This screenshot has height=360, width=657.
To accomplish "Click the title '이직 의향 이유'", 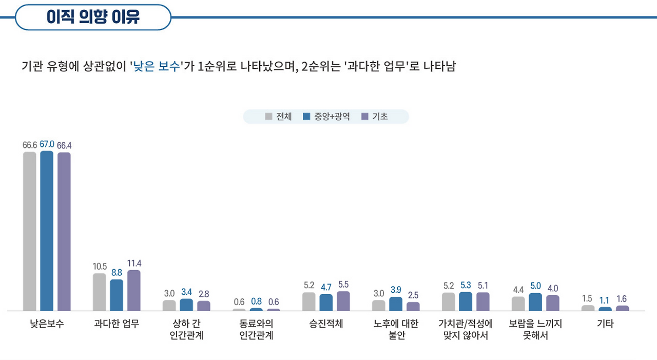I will [x=93, y=17].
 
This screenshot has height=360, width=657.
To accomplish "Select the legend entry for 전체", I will [x=279, y=117].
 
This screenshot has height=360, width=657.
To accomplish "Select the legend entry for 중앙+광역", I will [x=326, y=117].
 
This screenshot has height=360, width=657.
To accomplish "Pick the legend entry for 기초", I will [x=375, y=117].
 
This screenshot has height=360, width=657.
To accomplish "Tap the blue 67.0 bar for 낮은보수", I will [x=47, y=231].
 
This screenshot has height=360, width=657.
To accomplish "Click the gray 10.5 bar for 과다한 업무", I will [x=99, y=292].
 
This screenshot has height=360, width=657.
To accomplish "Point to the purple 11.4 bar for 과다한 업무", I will [x=134, y=291].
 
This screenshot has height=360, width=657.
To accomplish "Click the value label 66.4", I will [x=64, y=145].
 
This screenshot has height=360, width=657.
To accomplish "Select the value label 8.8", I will [x=117, y=273].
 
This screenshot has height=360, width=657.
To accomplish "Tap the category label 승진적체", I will [x=326, y=324].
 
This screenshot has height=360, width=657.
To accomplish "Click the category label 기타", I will [x=605, y=324].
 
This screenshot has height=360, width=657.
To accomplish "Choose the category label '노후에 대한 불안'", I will [x=396, y=330].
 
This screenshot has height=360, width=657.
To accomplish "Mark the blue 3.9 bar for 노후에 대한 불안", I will [x=396, y=304].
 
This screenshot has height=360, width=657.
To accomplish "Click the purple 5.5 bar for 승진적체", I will [x=343, y=301].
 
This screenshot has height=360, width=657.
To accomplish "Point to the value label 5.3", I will [x=466, y=285].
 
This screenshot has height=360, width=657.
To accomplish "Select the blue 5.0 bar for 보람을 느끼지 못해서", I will [x=535, y=302].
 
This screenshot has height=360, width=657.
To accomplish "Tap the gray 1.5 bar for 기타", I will [x=588, y=308].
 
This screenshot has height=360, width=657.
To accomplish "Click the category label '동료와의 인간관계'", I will [x=256, y=330].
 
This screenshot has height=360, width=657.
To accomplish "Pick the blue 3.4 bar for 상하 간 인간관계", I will [x=186, y=305].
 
